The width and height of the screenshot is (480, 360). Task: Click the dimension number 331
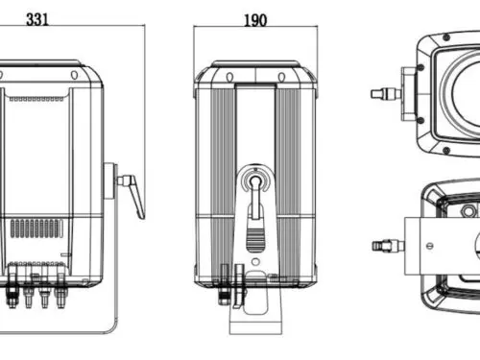[37, 19]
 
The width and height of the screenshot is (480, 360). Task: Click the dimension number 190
[255, 20]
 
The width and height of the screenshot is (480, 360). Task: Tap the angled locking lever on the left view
[132, 195]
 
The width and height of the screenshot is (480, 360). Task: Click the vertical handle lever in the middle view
[255, 198]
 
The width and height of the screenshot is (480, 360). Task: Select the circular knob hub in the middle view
[255, 181]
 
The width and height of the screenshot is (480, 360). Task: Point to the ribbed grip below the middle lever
[255, 239]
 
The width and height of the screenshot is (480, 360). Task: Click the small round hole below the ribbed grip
[255, 262]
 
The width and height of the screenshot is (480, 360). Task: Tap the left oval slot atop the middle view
[229, 77]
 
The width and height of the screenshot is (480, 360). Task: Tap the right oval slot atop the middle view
[281, 77]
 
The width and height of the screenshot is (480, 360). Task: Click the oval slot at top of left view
[74, 75]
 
